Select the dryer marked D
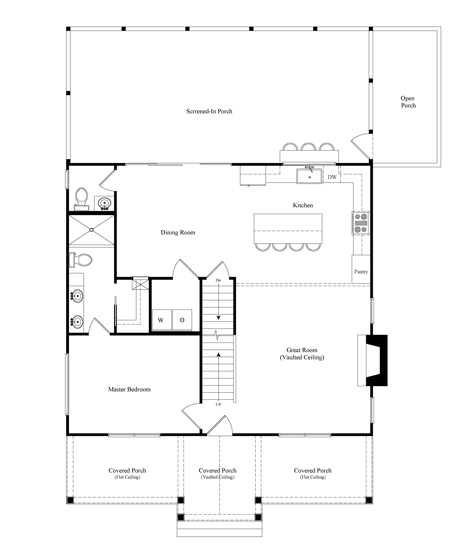182,320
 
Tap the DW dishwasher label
332,177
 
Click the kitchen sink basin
309,176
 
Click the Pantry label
361,272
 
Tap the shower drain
92,230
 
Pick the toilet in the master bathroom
81,260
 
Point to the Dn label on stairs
218,280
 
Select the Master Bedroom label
129,390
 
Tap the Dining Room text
178,233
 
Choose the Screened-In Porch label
209,111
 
